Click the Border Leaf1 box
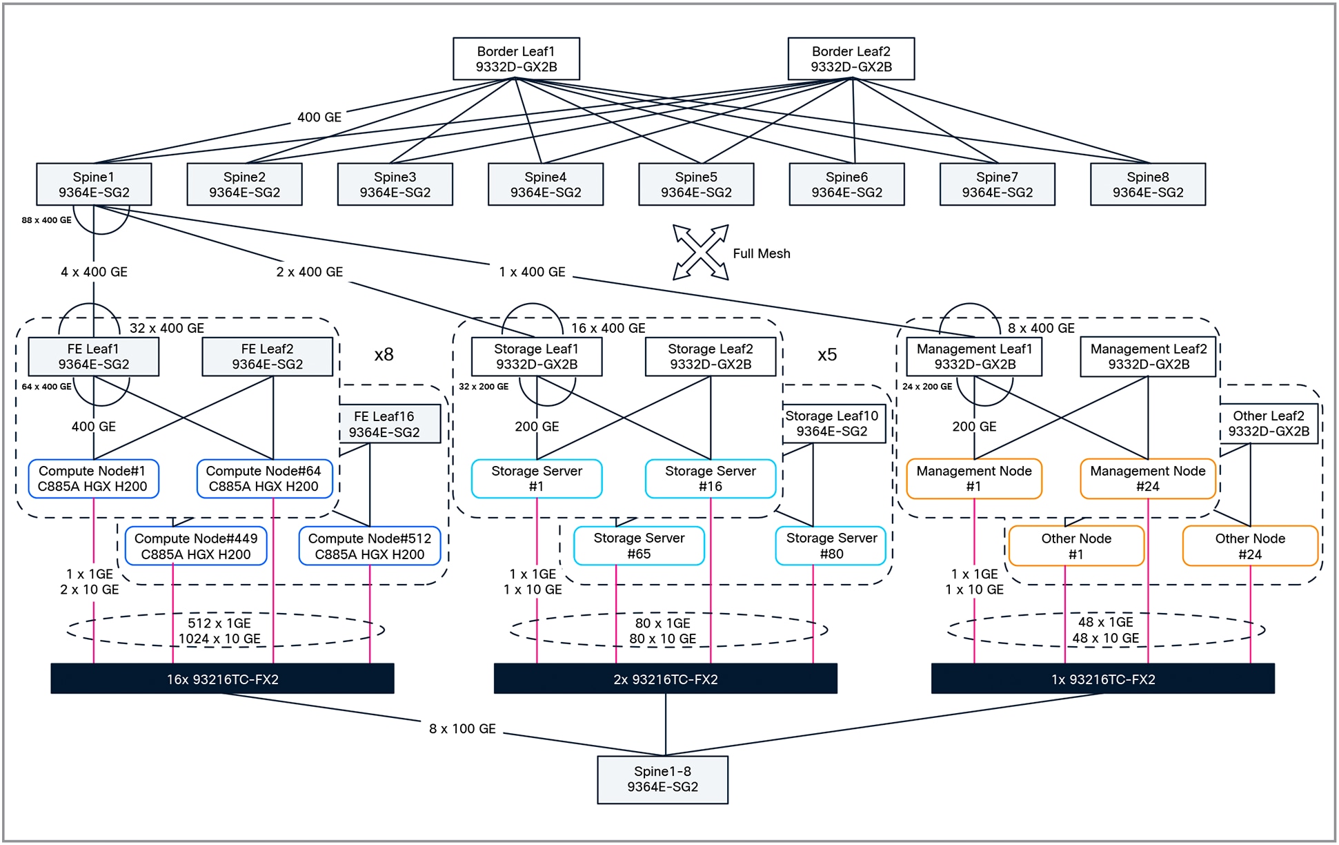tap(516, 59)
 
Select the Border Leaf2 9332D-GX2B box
tap(851, 59)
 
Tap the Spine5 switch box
tap(696, 184)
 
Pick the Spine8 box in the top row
tap(1147, 184)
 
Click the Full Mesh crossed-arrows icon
tap(700, 252)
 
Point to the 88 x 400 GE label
tap(46, 220)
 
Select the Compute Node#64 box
tap(264, 478)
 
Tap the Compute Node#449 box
tap(196, 546)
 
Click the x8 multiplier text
tap(384, 355)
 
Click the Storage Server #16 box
tap(710, 478)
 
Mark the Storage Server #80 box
tap(831, 545)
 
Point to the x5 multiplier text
tap(826, 355)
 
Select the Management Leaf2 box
tap(1148, 356)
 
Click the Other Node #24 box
tap(1249, 546)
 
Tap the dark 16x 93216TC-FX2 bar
tap(222, 679)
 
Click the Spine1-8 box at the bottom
tap(662, 779)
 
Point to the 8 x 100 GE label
tap(462, 729)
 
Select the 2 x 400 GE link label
tap(309, 272)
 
